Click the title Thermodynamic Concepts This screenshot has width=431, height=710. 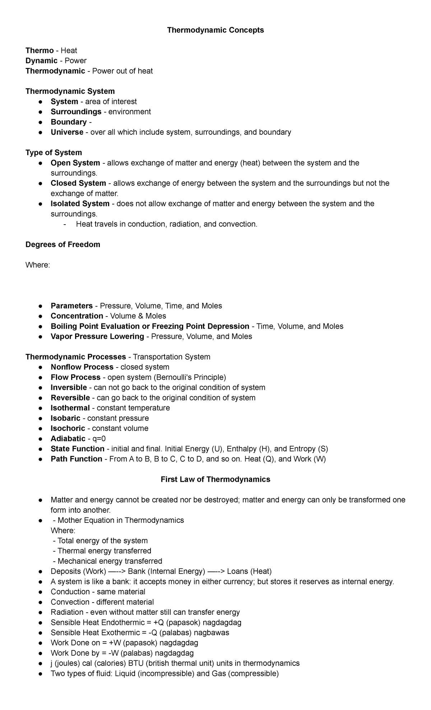pos(215,30)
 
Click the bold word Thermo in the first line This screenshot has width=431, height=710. pos(40,51)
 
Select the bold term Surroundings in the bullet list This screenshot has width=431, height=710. pos(76,112)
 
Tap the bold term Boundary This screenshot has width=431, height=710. pos(69,122)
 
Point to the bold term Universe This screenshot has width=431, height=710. pos(67,132)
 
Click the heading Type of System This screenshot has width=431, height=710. pos(54,153)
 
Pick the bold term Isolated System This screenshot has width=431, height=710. pos(80,204)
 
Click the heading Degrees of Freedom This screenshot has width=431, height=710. pos(63,245)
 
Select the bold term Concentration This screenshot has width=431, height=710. pos(77,316)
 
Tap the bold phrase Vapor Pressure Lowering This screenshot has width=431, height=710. pos(97,336)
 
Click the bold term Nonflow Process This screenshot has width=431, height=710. pos(82,367)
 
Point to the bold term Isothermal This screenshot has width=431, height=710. pos(70,408)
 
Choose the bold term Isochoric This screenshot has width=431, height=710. pos(68,428)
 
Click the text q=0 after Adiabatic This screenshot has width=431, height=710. pos(99,439)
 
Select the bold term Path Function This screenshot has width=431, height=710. pos(76,459)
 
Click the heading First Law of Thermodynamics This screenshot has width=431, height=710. pos(215,479)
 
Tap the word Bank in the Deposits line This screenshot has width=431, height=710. pos(136,571)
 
